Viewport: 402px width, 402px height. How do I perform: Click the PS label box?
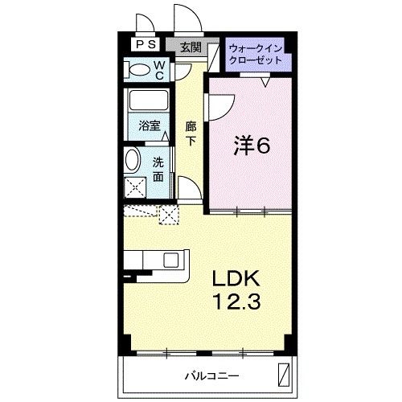tap(146, 45)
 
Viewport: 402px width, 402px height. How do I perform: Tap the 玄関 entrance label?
tap(191, 47)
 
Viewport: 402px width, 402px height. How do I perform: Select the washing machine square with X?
tap(135, 186)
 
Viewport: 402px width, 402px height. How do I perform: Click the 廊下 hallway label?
tap(191, 133)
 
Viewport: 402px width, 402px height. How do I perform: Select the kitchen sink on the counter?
tap(170, 260)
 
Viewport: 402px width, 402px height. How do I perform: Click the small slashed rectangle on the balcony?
tap(284, 374)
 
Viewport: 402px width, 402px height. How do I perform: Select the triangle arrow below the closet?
tap(265, 80)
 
